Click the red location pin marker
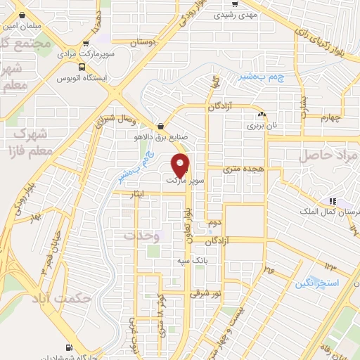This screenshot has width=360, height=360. pos(181,165)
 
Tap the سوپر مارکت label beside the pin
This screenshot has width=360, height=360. pos(186,181)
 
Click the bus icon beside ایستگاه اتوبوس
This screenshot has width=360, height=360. pos(84,68)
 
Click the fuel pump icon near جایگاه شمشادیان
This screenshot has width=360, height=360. pos(69,347)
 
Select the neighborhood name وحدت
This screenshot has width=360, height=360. pos(142,236)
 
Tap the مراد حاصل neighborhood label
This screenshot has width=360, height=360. pos(328,155)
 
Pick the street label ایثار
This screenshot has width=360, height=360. pos(132,193)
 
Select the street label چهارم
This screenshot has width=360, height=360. pos(329,117)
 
